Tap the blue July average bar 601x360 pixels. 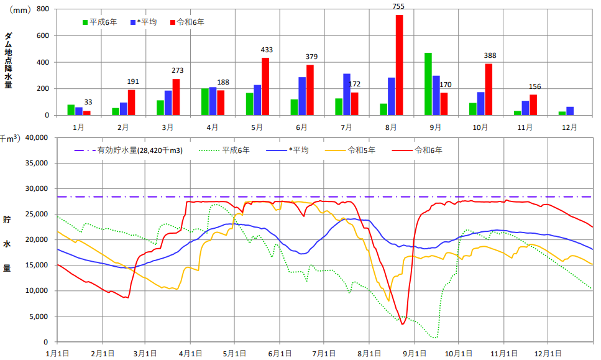[x=347, y=94]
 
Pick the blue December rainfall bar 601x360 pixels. [x=570, y=111]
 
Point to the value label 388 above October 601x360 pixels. [x=489, y=56]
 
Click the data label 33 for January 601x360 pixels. [x=88, y=103]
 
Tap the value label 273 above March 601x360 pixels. [x=177, y=71]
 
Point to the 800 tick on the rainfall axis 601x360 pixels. [x=43, y=9]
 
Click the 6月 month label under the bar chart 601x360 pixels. [x=302, y=127]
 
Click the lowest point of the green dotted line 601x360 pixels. [x=435, y=338]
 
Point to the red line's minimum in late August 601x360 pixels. [x=403, y=324]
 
